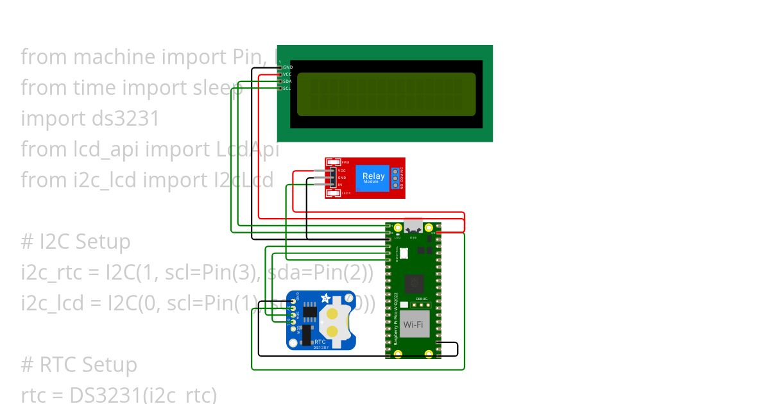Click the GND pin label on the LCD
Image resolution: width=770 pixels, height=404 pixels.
(287, 67)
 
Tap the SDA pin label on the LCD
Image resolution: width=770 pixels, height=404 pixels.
(287, 81)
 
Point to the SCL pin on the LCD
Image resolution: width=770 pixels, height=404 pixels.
(280, 88)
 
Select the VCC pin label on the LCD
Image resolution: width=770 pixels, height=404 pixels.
(287, 74)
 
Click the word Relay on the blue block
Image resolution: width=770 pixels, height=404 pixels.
(373, 176)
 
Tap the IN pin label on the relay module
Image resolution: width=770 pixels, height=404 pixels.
(340, 185)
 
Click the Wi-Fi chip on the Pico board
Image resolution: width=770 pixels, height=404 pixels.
(415, 324)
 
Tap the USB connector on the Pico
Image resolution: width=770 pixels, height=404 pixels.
(413, 226)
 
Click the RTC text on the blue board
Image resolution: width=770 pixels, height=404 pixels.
(320, 342)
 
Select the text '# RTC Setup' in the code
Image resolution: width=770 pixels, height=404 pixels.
(79, 364)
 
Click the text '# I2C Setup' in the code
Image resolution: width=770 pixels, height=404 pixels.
(75, 241)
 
